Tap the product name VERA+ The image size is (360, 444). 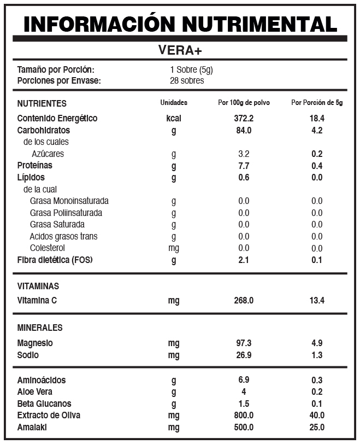pos(180,50)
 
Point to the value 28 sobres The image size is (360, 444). pos(187,80)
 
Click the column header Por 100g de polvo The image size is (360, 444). pos(244,103)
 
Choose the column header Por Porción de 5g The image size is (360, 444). pos(317,103)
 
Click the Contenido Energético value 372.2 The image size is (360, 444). pos(244,118)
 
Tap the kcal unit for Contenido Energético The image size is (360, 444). pos(174,118)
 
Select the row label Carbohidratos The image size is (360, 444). pos(44,130)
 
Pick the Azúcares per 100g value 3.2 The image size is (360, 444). pos(244,154)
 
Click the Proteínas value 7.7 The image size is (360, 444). pos(244,166)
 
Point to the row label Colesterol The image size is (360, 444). pos(48,248)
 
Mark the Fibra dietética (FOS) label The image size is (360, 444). pos(55,260)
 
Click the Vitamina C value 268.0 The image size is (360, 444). pos(244,300)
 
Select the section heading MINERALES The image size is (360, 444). pos(40,328)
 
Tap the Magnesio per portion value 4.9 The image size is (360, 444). pos(317,343)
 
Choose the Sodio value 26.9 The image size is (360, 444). pos(244,355)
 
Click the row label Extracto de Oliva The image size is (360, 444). pos(49,415)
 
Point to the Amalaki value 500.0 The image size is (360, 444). pos(244,427)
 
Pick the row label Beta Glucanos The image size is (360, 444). pos(45,404)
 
